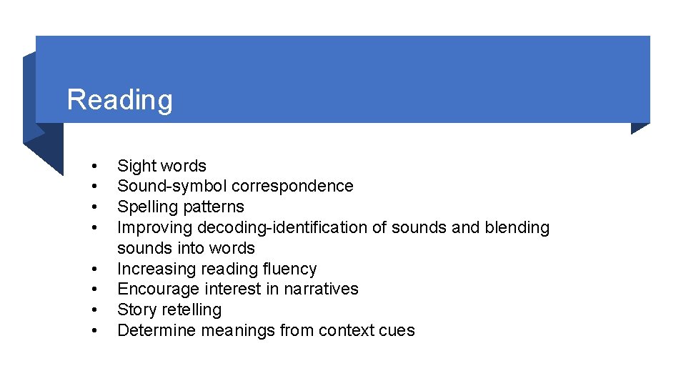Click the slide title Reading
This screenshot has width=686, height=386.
[x=119, y=100]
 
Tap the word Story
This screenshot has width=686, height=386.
[x=136, y=310]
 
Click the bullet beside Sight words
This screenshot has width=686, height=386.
[x=94, y=167]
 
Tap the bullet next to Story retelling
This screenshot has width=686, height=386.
[x=94, y=310]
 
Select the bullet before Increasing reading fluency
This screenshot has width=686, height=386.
[x=94, y=269]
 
